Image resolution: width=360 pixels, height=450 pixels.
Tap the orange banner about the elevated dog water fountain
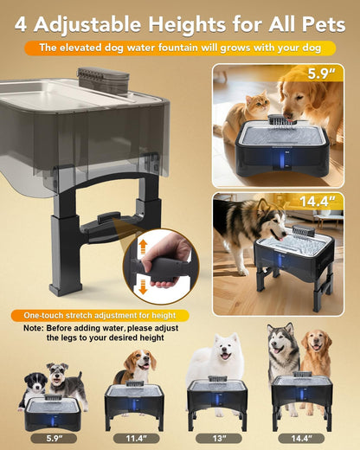tap(179, 48)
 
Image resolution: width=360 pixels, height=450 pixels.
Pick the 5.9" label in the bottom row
tap(53, 438)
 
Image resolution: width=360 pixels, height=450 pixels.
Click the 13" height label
tap(217, 438)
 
